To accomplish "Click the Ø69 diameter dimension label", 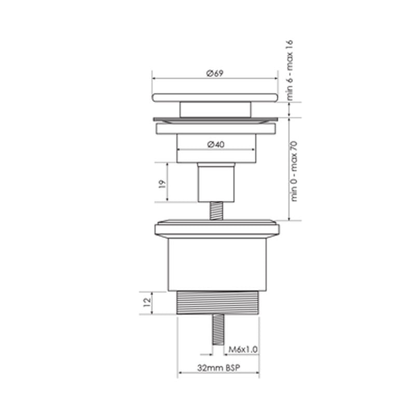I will coord(214,73).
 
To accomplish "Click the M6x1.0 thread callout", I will coord(243,349).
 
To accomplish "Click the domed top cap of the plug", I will coord(215,96).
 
